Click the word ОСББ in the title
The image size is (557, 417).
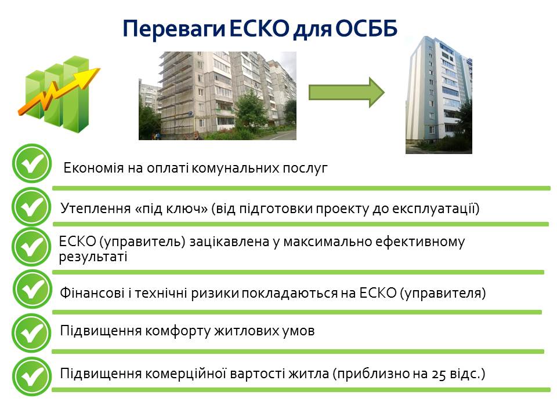pyautogui.click(x=366, y=28)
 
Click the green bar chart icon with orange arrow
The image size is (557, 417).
pyautogui.click(x=59, y=94)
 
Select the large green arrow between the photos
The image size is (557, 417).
pyautogui.click(x=346, y=93)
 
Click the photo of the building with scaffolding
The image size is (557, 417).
pyautogui.click(x=218, y=96)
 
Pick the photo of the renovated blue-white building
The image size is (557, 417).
pyautogui.click(x=439, y=95)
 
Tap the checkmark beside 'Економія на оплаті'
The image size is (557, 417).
pyautogui.click(x=31, y=163)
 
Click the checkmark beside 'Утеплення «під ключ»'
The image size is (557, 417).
pyautogui.click(x=31, y=207)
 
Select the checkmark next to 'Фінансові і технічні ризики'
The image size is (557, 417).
pyautogui.click(x=32, y=289)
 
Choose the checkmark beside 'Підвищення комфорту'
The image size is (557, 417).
pyautogui.click(x=31, y=332)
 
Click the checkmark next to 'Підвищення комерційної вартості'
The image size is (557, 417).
pyautogui.click(x=31, y=376)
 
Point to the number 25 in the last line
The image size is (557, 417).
pyautogui.click(x=439, y=375)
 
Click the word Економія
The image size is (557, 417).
pyautogui.click(x=93, y=168)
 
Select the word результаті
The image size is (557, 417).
pyautogui.click(x=93, y=257)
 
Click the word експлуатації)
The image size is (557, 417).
pyautogui.click(x=436, y=209)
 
